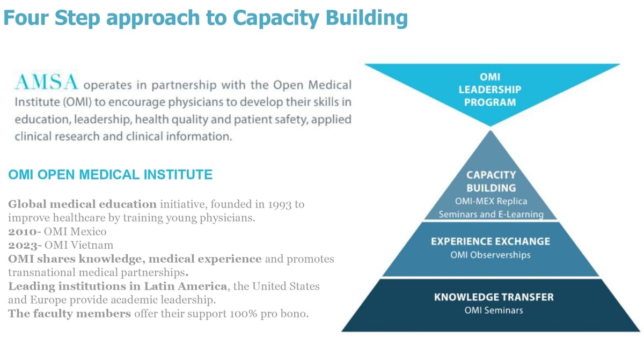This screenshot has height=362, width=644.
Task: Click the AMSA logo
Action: click(46, 82)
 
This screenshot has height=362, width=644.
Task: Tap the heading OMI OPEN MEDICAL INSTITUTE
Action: click(110, 175)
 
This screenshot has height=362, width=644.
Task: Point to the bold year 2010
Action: click(23, 232)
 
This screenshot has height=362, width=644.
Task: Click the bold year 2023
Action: click(23, 246)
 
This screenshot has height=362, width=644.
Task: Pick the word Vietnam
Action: click(92, 245)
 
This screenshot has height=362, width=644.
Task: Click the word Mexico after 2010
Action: click(89, 232)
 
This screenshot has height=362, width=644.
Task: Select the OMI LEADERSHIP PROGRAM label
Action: click(490, 90)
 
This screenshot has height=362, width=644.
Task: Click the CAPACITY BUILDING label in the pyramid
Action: click(491, 181)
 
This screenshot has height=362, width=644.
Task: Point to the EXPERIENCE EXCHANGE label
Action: click(491, 241)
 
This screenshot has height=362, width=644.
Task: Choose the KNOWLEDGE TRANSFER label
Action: click(494, 297)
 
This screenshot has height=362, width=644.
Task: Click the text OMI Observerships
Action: click(491, 255)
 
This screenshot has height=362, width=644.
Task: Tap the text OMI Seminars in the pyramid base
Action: click(494, 311)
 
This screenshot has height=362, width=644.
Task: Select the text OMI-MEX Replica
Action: click(491, 201)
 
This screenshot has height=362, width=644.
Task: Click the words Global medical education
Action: click(82, 204)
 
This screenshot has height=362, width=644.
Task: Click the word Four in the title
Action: click(26, 18)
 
